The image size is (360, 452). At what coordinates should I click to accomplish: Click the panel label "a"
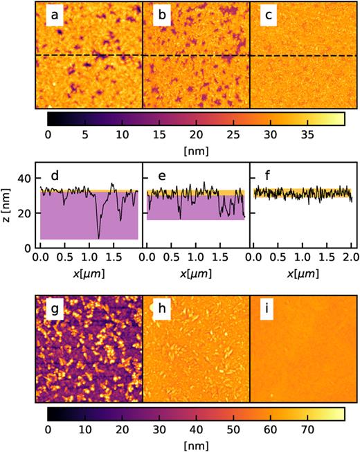point(53,15)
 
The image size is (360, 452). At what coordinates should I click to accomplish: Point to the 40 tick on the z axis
point(26,179)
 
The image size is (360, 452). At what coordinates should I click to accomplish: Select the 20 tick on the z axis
point(26,213)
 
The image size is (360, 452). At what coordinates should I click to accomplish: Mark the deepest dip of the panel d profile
point(98,238)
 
